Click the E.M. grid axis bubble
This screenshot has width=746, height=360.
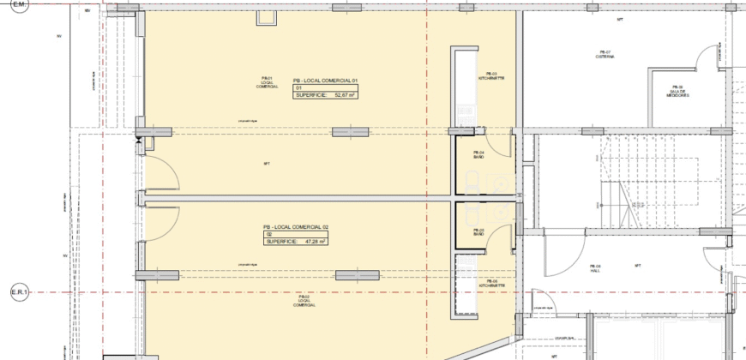click(x=17, y=4)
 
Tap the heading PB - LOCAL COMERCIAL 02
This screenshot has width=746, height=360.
click(x=296, y=226)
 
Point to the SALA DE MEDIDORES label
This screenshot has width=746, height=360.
click(x=677, y=93)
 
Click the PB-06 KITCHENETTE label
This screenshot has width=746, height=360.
click(x=491, y=283)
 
